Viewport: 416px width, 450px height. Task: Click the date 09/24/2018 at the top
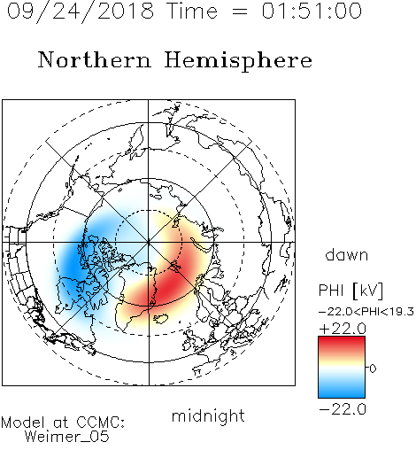(x=81, y=12)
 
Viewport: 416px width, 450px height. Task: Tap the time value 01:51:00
(x=312, y=11)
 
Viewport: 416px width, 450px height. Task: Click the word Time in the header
(x=192, y=11)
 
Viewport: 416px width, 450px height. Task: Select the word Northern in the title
(x=95, y=60)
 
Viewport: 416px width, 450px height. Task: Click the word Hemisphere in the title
(x=238, y=61)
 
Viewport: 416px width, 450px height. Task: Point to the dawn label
(x=347, y=254)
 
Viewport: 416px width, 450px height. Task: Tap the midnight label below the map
(x=208, y=416)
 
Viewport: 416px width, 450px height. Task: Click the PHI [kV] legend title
(x=351, y=291)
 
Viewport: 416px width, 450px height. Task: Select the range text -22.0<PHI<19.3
(x=366, y=312)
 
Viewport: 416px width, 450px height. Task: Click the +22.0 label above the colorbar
(x=343, y=329)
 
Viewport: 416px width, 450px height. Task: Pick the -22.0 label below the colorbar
(x=343, y=409)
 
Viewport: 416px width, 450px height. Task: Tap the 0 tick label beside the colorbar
(x=373, y=369)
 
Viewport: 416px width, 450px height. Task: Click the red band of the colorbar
(x=342, y=344)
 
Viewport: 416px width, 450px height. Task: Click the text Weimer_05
(x=67, y=437)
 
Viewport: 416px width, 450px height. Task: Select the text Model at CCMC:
(x=63, y=423)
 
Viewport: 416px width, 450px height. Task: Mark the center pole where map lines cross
(x=149, y=242)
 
